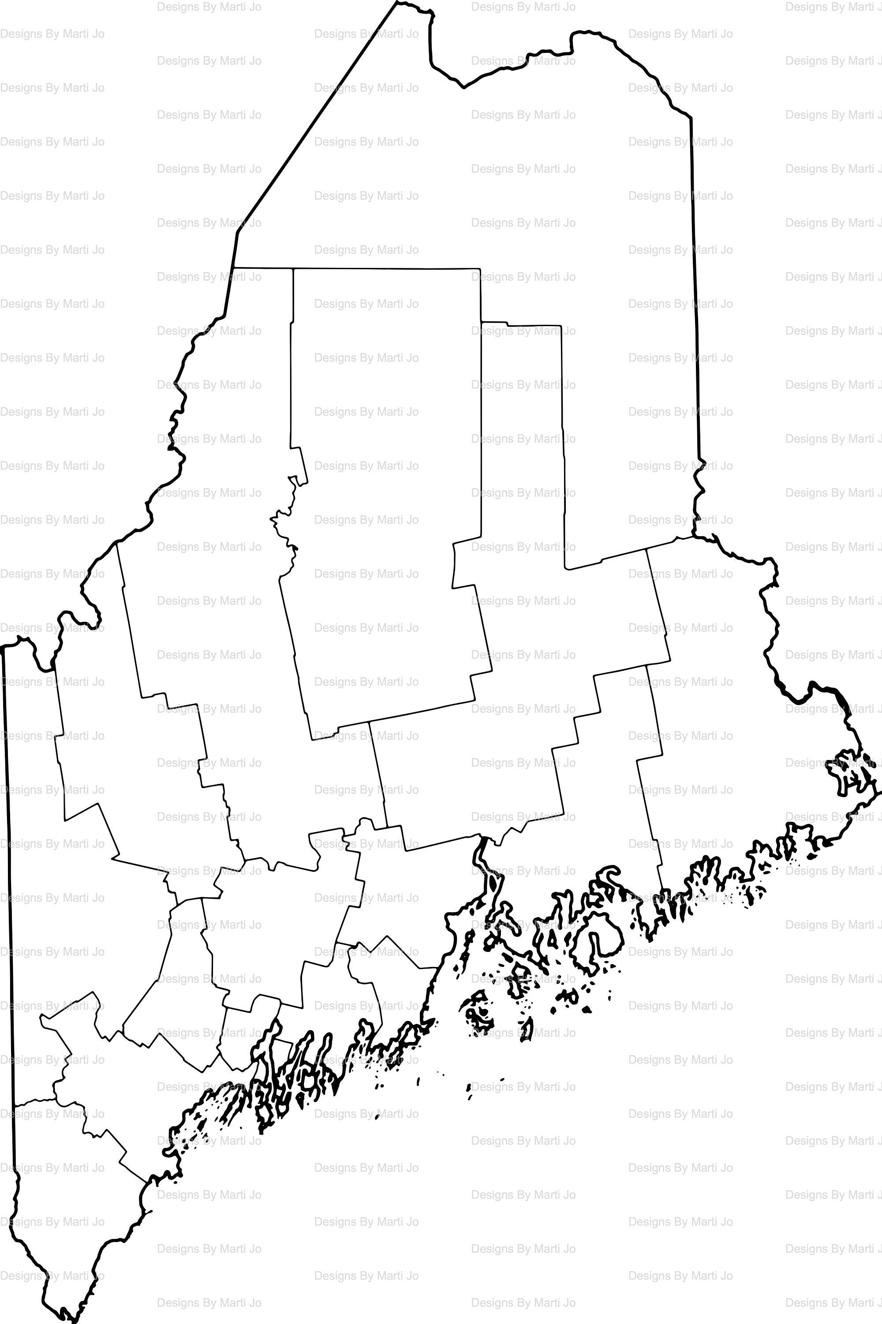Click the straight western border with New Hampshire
(8, 901)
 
